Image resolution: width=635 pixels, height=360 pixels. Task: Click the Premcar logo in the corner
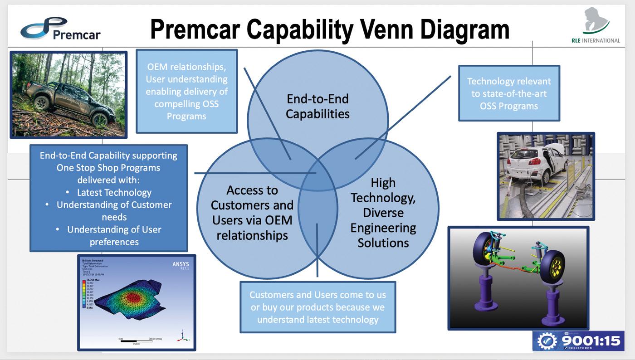(60, 29)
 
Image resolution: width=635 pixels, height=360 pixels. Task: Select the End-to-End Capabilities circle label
(317, 106)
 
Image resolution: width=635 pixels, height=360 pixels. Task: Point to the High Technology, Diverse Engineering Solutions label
(383, 213)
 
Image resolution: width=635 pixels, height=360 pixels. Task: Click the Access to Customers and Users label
(252, 213)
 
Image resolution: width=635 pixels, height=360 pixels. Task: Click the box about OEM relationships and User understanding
(186, 91)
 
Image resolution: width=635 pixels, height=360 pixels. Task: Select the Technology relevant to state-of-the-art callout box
(509, 93)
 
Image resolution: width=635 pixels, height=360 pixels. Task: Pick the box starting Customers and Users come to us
(317, 307)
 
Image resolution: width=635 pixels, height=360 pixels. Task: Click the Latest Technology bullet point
(114, 192)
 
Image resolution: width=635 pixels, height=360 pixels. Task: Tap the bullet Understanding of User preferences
(114, 235)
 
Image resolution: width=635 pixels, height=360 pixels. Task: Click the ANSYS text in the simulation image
(181, 264)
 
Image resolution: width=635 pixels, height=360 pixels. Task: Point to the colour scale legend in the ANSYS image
(83, 296)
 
